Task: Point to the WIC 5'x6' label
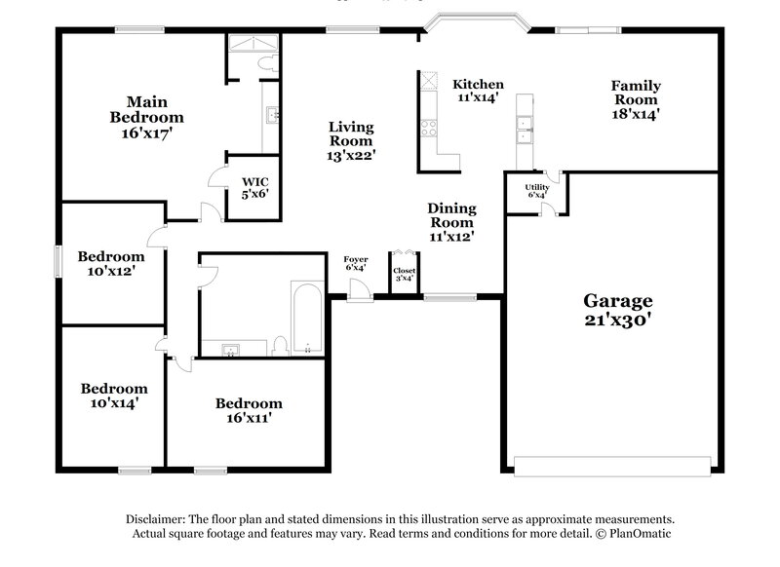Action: coord(254,187)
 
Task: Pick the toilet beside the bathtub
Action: coord(281,344)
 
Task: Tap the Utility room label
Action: coord(536,187)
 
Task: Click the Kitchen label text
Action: coord(478,84)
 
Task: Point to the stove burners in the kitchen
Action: coord(428,128)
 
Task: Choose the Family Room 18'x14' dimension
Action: coord(635,113)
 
